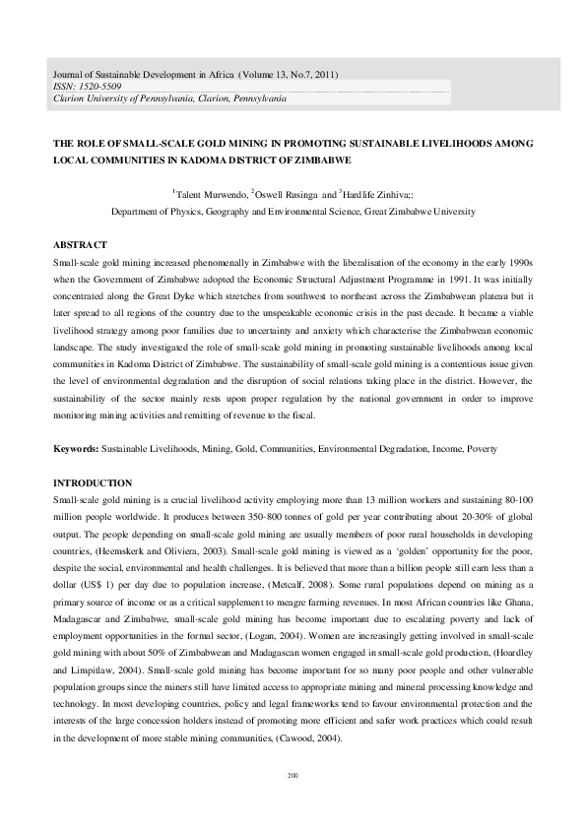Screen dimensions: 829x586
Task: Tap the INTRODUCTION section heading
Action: pos(92,482)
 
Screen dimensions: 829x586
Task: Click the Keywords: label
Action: pos(75,449)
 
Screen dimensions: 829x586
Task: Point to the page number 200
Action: pos(293,776)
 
